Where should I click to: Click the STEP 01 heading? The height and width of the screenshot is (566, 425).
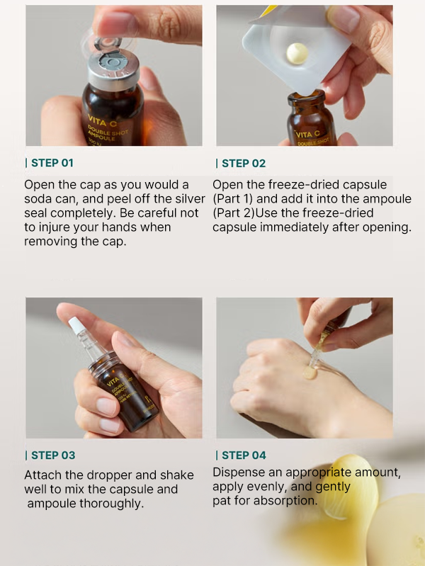pos(52,163)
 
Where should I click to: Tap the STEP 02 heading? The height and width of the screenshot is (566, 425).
pos(244,163)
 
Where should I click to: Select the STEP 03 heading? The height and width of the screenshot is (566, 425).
pos(53,455)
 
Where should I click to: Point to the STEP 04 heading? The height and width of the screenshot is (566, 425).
pos(244,455)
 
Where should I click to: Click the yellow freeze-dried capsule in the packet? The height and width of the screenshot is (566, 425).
pos(297,53)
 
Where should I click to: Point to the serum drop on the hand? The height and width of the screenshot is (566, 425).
pos(310,373)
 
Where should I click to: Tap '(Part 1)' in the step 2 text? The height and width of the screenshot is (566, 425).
pos(232,199)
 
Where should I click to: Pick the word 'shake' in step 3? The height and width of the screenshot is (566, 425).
pos(177,475)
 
